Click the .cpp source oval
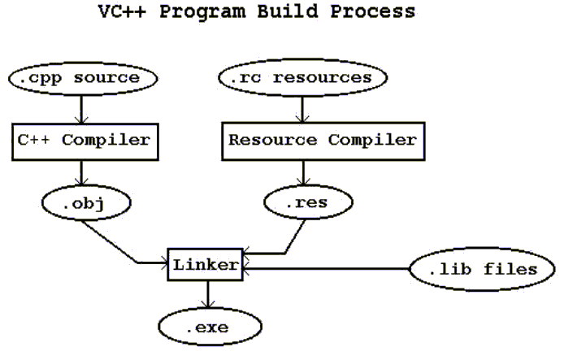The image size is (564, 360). click(82, 80)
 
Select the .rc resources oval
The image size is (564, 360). click(302, 79)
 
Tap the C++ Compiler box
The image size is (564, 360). click(83, 140)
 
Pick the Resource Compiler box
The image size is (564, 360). click(322, 140)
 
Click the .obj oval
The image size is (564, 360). click(83, 202)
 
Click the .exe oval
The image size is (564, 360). click(210, 327)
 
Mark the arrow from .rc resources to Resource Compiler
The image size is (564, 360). click(302, 107)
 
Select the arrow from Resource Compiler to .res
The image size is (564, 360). click(304, 171)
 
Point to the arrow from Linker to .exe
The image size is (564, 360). click(208, 295)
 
